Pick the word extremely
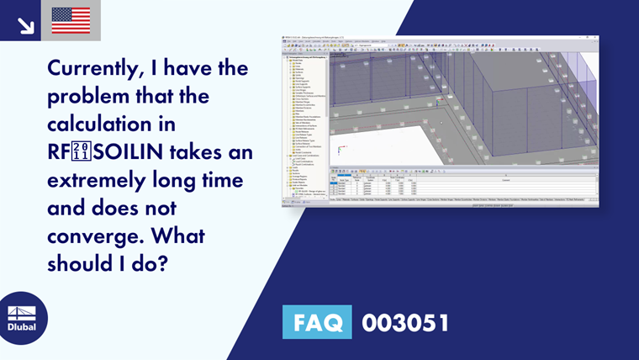[89, 181]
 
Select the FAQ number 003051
[404, 323]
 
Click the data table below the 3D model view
[462, 183]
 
